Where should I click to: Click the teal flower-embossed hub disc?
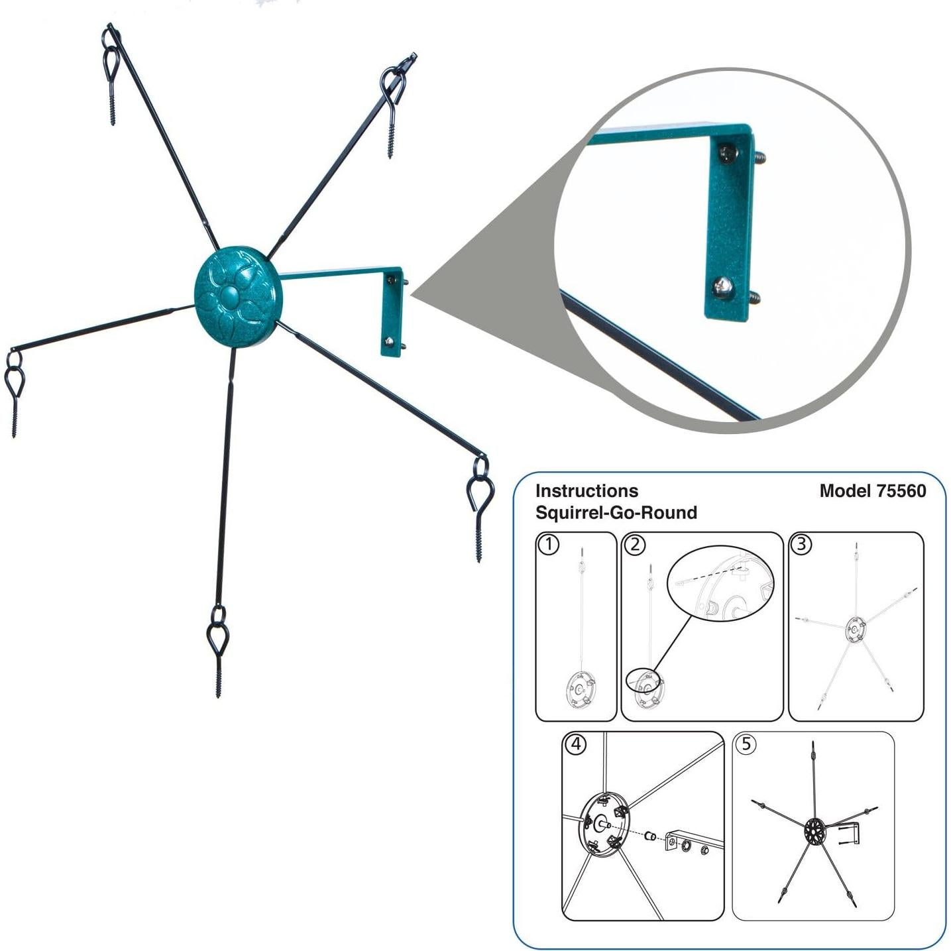[x=238, y=297]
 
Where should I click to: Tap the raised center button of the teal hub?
[x=230, y=297]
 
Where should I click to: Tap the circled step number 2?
[x=635, y=544]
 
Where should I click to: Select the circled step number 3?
[x=801, y=544]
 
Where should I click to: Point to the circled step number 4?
[x=577, y=744]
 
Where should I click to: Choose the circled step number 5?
[x=746, y=744]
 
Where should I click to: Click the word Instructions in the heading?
[x=587, y=491]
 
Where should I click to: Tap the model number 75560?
[x=901, y=491]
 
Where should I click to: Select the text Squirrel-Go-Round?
[x=616, y=513]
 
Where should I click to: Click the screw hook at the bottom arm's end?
[x=217, y=651]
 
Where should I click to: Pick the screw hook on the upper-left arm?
[x=111, y=74]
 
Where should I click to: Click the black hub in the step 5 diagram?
[x=814, y=832]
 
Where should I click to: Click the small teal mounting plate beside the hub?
[x=392, y=312]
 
